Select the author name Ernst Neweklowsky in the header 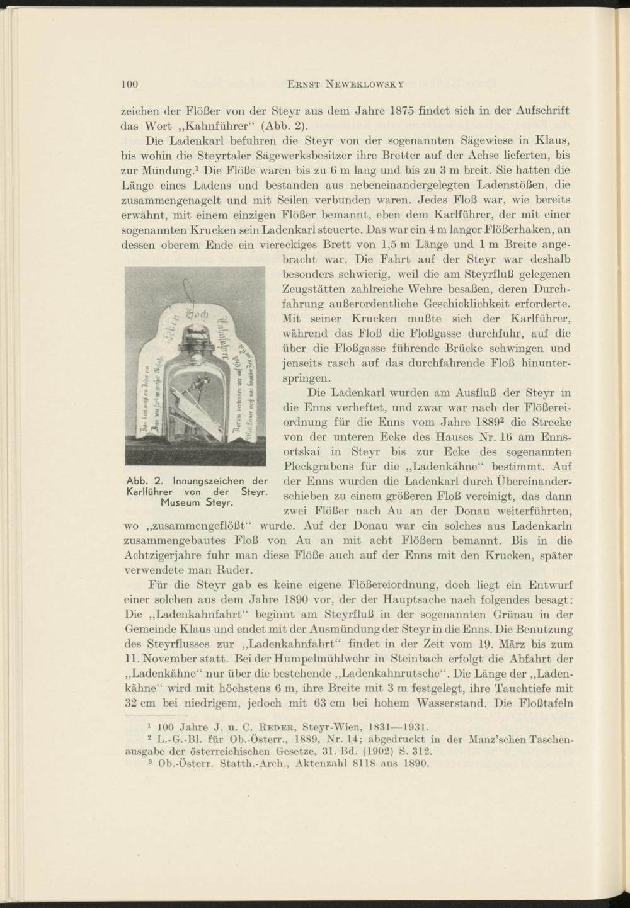click(345, 83)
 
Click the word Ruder click(235, 570)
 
